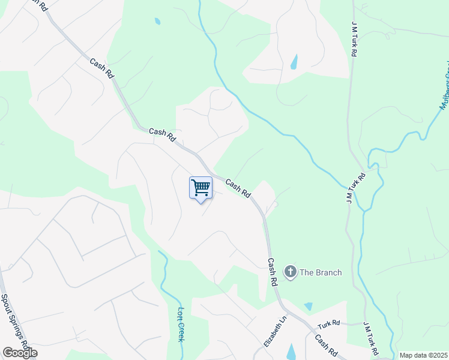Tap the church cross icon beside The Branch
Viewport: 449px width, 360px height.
point(290,272)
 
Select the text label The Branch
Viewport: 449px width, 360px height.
point(321,272)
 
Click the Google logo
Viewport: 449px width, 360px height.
point(20,353)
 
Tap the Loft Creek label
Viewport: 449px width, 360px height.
point(181,325)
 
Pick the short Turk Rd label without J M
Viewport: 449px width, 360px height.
point(328,323)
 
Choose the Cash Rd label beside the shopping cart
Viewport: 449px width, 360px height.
point(238,188)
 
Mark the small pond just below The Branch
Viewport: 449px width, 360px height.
point(309,306)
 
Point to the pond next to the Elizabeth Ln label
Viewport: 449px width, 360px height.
point(291,352)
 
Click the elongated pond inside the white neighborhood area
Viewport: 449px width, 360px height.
point(294,62)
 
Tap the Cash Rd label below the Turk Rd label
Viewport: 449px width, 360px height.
point(326,344)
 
